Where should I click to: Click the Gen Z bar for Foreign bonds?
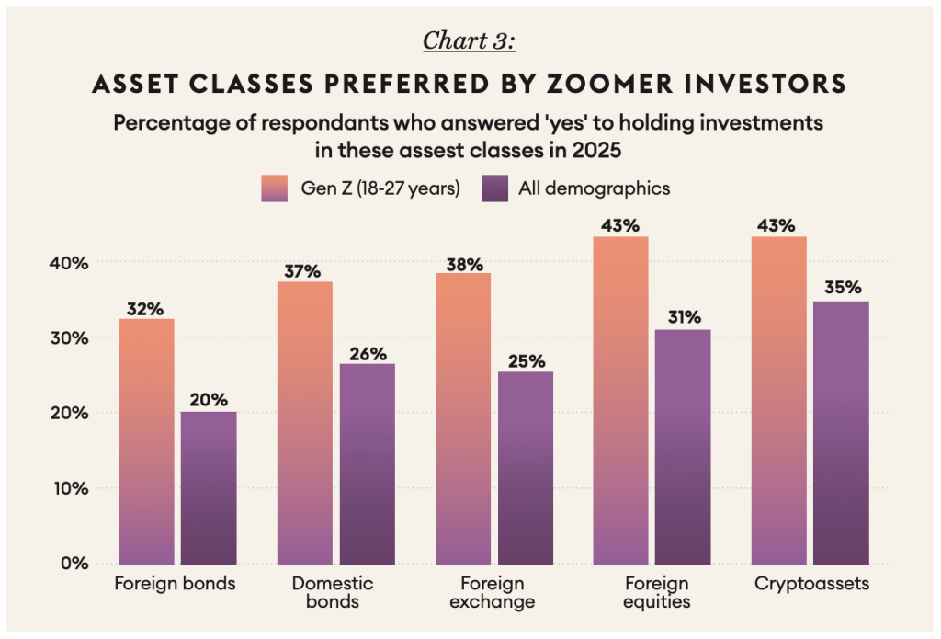(146, 441)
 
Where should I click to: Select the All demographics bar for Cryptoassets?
(841, 432)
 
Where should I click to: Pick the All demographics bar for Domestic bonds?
(367, 463)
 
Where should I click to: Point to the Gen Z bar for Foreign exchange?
(462, 418)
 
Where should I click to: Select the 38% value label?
(465, 265)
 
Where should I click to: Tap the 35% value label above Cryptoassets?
(841, 288)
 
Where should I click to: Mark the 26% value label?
(368, 353)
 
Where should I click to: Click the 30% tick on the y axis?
(69, 337)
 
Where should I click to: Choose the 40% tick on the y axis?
(69, 263)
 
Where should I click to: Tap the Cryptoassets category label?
(811, 584)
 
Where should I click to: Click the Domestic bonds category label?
(333, 593)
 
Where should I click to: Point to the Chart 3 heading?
(469, 41)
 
